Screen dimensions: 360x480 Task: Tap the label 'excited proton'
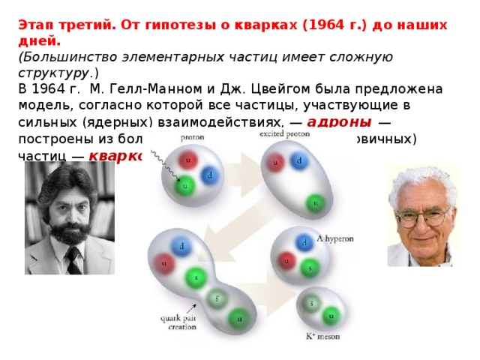286,133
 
